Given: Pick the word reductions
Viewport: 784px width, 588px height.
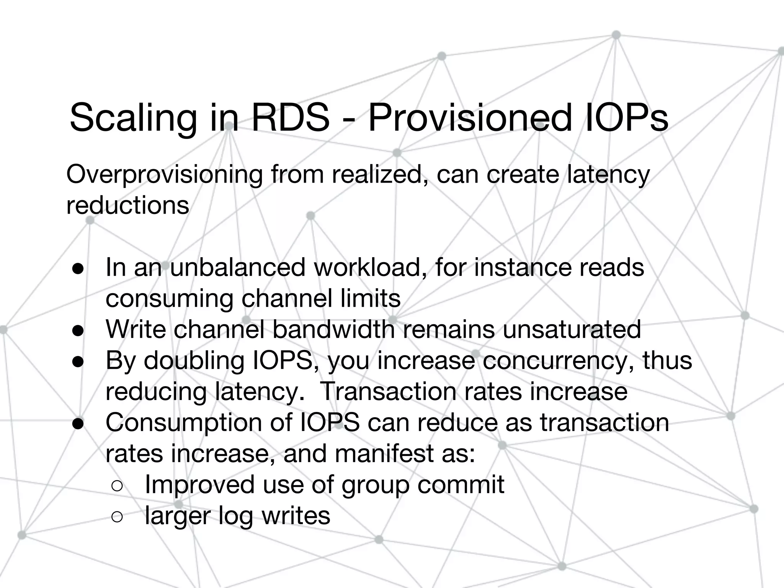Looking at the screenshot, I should pos(127,205).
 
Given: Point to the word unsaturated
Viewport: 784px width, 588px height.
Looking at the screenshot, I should pos(572,329).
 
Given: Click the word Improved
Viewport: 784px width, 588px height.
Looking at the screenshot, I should pos(199,485).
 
